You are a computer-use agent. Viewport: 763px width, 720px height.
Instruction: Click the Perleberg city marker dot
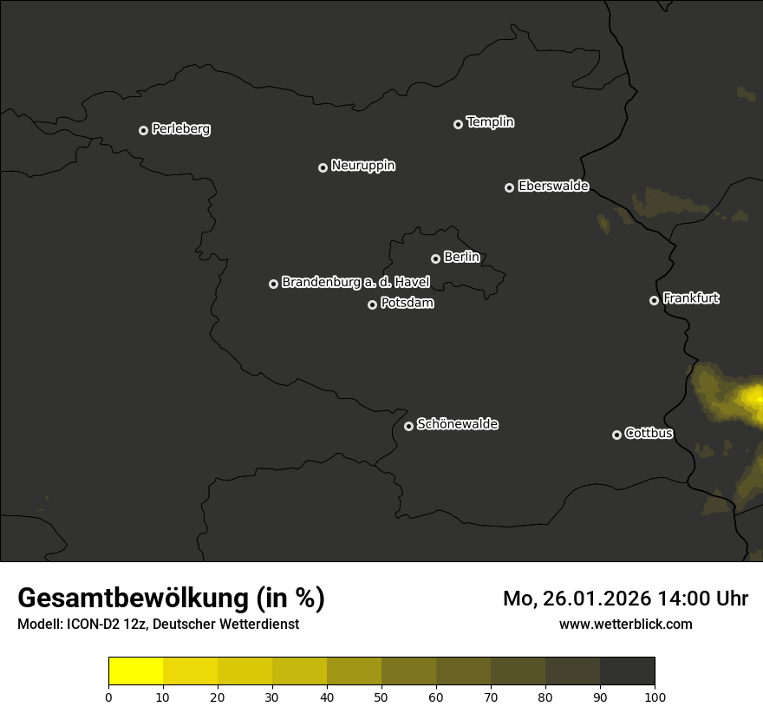coord(143,130)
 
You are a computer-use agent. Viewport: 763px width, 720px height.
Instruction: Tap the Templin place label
coord(490,122)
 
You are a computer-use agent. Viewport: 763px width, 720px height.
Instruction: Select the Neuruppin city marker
coord(323,167)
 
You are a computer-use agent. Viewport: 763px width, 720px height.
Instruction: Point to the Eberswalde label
coord(553,187)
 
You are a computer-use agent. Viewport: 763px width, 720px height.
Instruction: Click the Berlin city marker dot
coord(435,259)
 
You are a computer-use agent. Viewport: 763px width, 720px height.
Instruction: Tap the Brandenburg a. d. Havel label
coord(355,283)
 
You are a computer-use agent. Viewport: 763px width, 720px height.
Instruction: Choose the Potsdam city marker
coord(372,304)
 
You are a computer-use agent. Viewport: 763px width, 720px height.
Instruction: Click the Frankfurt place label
coord(691,298)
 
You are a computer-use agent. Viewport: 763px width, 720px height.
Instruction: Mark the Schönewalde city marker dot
coord(408,426)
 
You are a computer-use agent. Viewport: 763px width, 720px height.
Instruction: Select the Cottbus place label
coord(649,434)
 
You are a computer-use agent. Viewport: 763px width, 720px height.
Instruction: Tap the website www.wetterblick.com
coord(626,624)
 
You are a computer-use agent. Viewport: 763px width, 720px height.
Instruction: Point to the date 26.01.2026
coord(595,599)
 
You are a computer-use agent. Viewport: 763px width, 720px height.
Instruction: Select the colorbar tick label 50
coord(381,697)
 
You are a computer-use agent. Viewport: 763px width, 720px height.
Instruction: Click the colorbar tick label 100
coord(655,697)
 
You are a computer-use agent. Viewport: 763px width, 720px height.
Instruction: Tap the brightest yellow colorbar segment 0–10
coord(136,671)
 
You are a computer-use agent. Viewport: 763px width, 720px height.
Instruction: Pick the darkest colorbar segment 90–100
coord(627,671)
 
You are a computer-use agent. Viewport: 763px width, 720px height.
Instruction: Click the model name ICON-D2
coord(88,624)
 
